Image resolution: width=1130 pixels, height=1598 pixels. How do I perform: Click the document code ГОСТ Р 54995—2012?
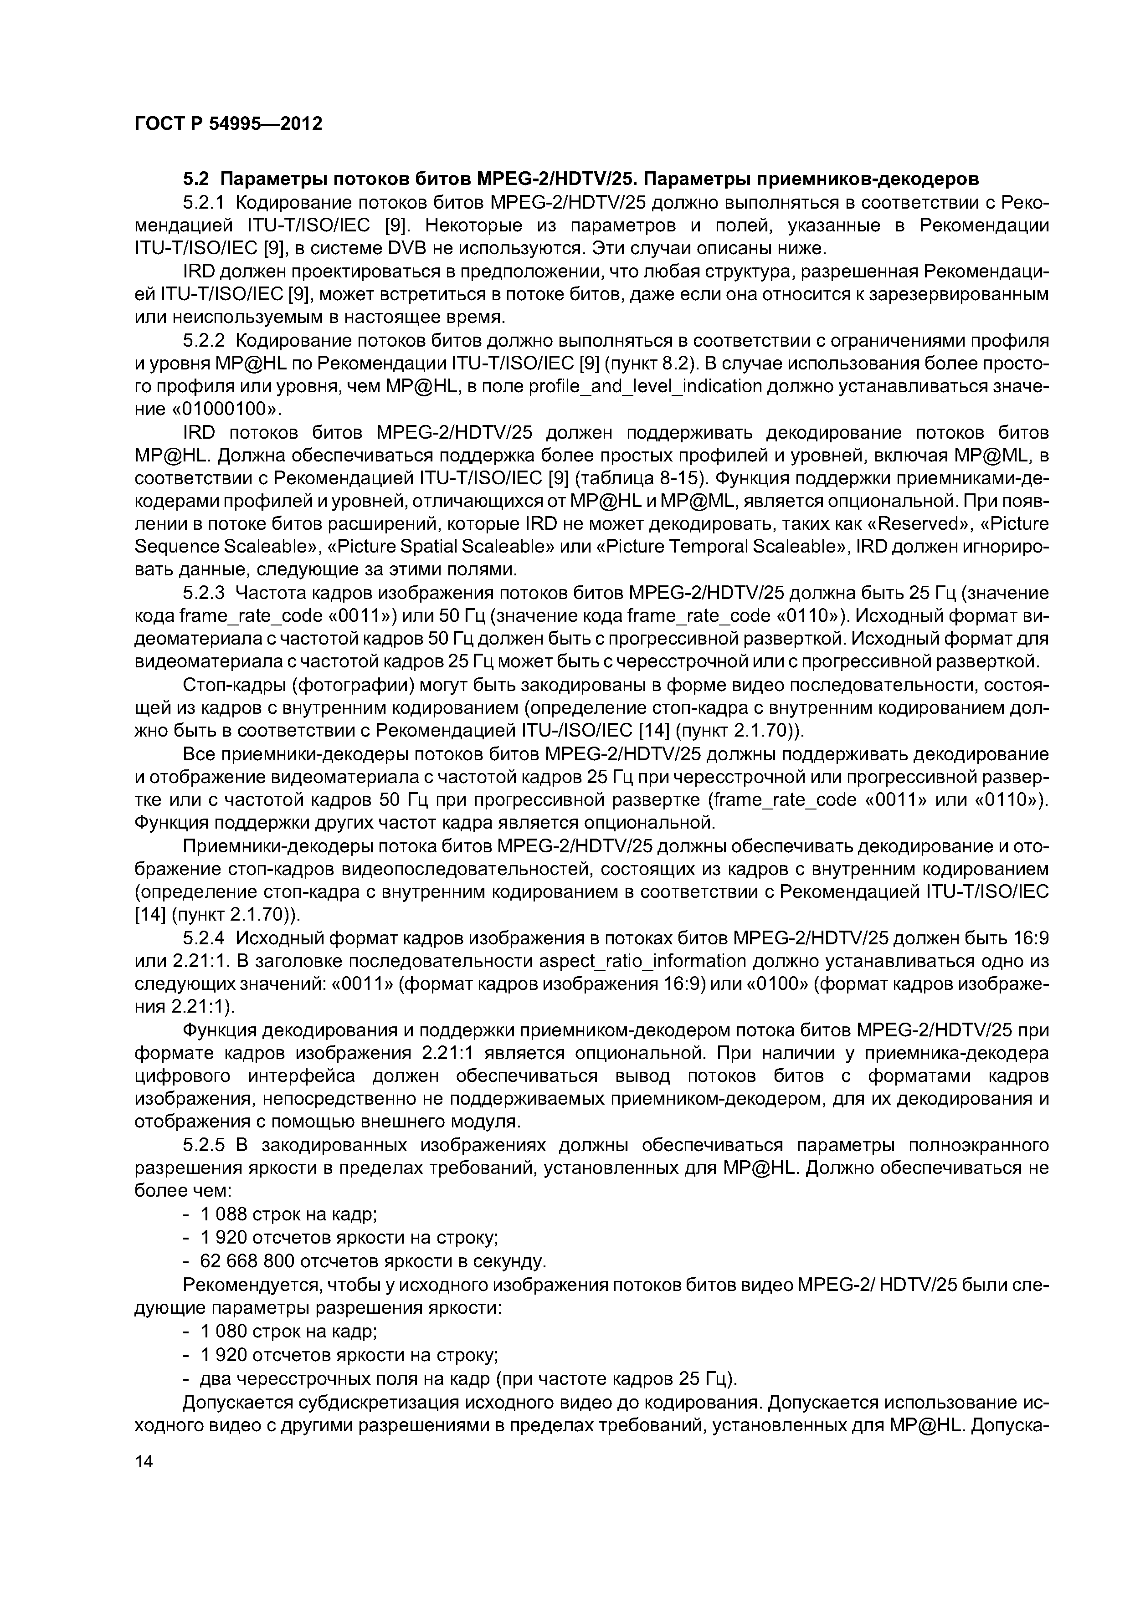click(228, 124)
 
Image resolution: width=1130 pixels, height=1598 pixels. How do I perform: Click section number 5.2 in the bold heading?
click(195, 179)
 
